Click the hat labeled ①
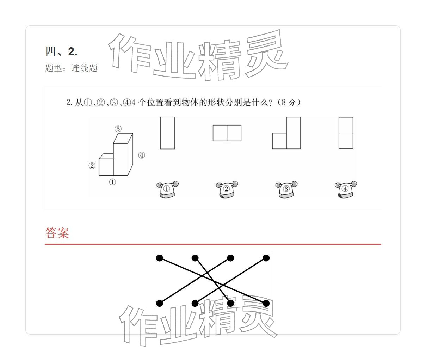[x=167, y=189]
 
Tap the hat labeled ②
[x=227, y=189]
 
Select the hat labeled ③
[x=286, y=189]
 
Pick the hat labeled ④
[x=345, y=189]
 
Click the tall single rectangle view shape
[x=167, y=133]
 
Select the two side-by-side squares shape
[x=227, y=133]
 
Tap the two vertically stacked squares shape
[x=346, y=133]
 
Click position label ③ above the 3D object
[x=118, y=129]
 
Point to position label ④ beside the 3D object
[x=142, y=155]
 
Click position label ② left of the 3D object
[x=92, y=166]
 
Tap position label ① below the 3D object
[x=112, y=182]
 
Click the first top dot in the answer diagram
[x=160, y=258]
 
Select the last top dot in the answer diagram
[x=266, y=258]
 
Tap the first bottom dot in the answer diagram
[x=160, y=303]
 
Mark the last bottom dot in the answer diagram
[x=266, y=303]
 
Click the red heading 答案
[x=57, y=233]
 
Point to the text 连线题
[x=85, y=68]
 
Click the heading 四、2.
[x=61, y=52]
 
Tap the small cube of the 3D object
[x=106, y=166]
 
